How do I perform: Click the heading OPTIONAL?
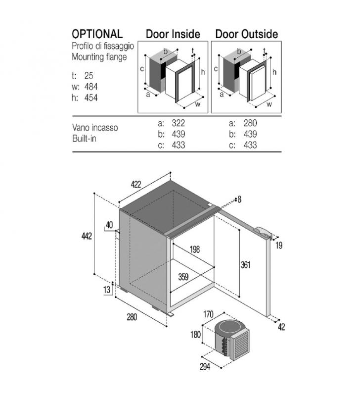point(97,34)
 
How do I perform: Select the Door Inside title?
point(173,34)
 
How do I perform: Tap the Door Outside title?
point(247,34)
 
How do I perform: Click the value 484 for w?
point(91,87)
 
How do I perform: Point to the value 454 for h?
point(91,98)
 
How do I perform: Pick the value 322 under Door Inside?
point(179,123)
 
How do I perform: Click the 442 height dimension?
point(87,236)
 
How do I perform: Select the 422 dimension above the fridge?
point(135,184)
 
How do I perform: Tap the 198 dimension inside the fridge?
point(194,249)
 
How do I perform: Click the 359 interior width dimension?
point(183,277)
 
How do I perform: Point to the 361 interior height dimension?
point(245,265)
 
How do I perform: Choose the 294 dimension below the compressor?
point(205,366)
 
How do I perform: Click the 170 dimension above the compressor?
point(208,314)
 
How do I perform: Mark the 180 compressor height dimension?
point(195,335)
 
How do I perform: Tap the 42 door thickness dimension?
point(281,327)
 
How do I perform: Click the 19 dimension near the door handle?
point(279,245)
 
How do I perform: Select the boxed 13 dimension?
point(107,290)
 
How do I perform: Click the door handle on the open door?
point(263,232)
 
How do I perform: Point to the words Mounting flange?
point(99,57)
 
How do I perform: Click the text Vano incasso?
point(95,128)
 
